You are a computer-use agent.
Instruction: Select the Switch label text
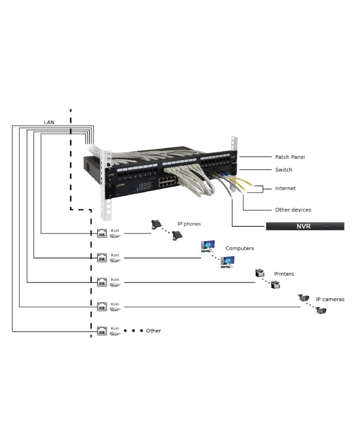(283, 170)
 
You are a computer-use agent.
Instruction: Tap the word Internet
(285, 189)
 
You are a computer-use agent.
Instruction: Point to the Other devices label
(293, 210)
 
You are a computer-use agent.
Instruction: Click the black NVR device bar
(304, 226)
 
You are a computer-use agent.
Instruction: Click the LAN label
(49, 122)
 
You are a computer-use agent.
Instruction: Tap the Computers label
(240, 248)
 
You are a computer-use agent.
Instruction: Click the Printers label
(284, 274)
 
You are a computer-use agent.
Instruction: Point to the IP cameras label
(330, 299)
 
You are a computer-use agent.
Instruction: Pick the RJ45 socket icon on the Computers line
(102, 258)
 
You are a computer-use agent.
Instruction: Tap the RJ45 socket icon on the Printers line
(102, 282)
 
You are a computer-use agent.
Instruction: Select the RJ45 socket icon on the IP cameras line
(102, 307)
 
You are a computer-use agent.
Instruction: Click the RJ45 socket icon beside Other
(102, 331)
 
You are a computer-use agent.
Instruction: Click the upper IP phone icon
(156, 224)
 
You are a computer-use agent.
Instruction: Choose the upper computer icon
(207, 246)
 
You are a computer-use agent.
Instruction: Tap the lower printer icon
(276, 284)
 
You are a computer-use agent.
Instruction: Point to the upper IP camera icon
(303, 298)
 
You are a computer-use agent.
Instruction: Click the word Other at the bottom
(153, 331)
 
